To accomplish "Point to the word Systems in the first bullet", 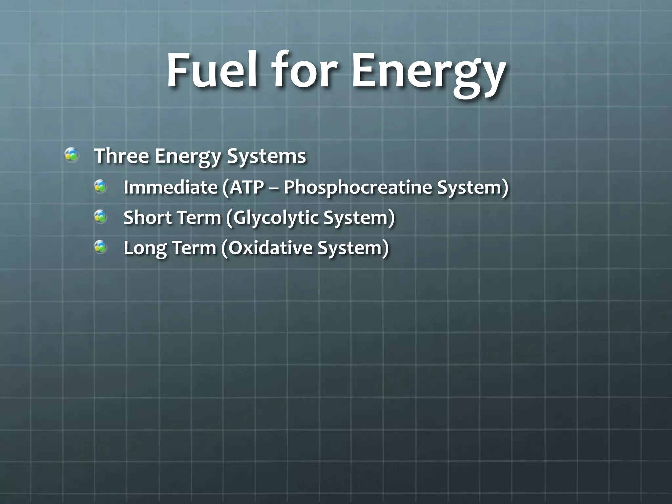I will pos(266,156).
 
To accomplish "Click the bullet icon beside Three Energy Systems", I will pos(72,155).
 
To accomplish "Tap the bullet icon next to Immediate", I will pos(100,187).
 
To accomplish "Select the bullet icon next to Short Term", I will pos(100,217).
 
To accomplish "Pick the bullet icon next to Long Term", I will pos(100,247).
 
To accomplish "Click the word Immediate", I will pos(170,187).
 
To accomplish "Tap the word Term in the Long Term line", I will pos(194,248).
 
